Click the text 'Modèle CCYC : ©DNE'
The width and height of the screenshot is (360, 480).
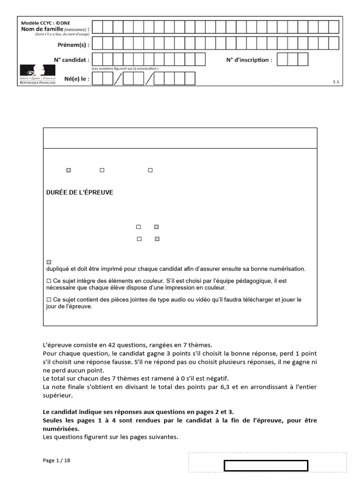pyautogui.click(x=46, y=22)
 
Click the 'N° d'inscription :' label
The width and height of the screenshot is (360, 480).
pyautogui.click(x=249, y=60)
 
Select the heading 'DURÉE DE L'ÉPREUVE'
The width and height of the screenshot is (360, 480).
pyautogui.click(x=80, y=193)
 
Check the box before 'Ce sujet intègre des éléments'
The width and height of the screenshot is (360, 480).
pyautogui.click(x=49, y=281)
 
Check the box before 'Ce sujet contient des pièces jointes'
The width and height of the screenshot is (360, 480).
pyautogui.click(x=49, y=299)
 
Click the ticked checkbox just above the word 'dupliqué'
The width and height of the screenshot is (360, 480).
pyautogui.click(x=49, y=262)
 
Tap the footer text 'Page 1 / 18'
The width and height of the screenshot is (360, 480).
pyautogui.click(x=57, y=460)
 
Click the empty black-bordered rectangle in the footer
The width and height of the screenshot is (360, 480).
pyautogui.click(x=266, y=465)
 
